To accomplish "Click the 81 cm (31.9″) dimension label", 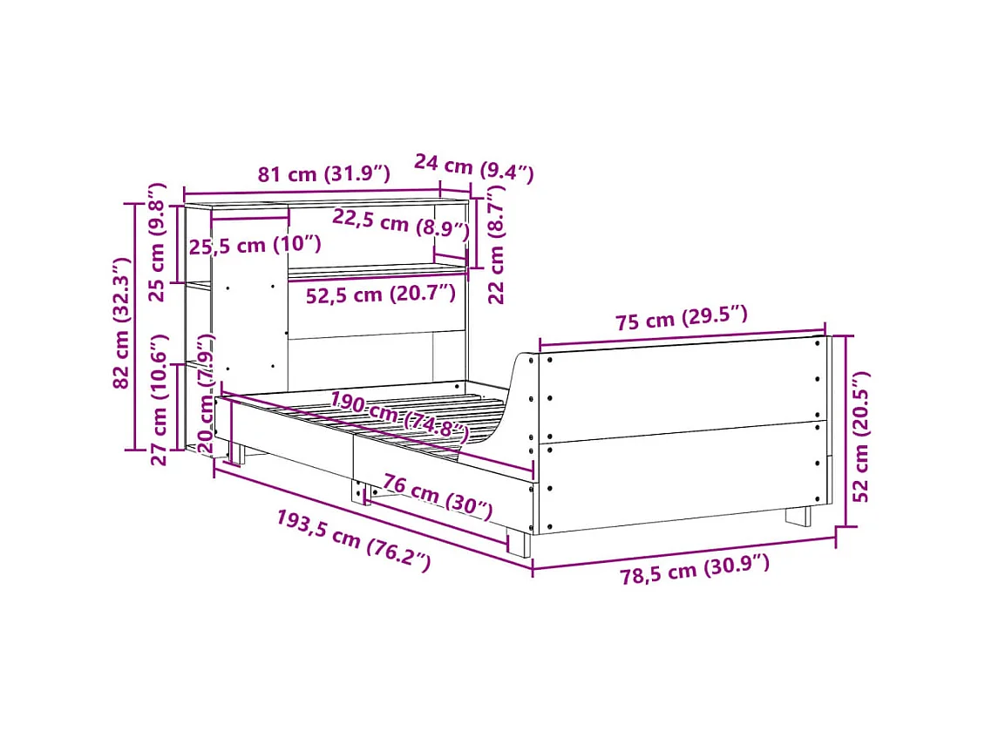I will [323, 174].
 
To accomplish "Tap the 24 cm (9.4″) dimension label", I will [472, 167].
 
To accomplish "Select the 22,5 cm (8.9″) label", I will [400, 225].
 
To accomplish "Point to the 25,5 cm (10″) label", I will [255, 246].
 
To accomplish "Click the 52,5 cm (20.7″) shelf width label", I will [380, 295].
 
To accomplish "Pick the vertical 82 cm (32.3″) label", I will [121, 322].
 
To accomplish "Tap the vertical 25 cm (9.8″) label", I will [157, 241].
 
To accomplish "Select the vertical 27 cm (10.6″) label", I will [159, 401].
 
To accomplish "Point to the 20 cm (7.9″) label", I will [206, 392].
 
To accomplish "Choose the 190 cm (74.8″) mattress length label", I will [398, 416].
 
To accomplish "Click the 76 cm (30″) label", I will [437, 497].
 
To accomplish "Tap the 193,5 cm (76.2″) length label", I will [353, 541].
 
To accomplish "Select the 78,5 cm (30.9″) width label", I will [695, 571].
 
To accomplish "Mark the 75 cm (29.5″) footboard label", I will [681, 320].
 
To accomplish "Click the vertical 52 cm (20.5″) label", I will [860, 436].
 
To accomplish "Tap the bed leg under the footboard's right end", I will [798, 516].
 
